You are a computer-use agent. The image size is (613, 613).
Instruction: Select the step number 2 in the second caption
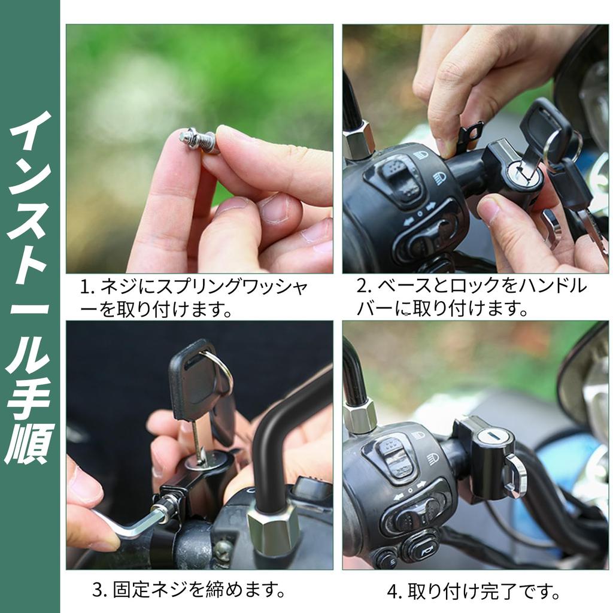coord(362,286)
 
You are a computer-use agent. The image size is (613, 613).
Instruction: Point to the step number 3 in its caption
coord(98,590)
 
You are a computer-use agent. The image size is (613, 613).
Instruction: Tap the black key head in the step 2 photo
coord(544,126)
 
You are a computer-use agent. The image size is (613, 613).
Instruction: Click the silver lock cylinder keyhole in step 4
coord(490,436)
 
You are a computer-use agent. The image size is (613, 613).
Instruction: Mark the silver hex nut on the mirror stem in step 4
coord(360,416)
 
